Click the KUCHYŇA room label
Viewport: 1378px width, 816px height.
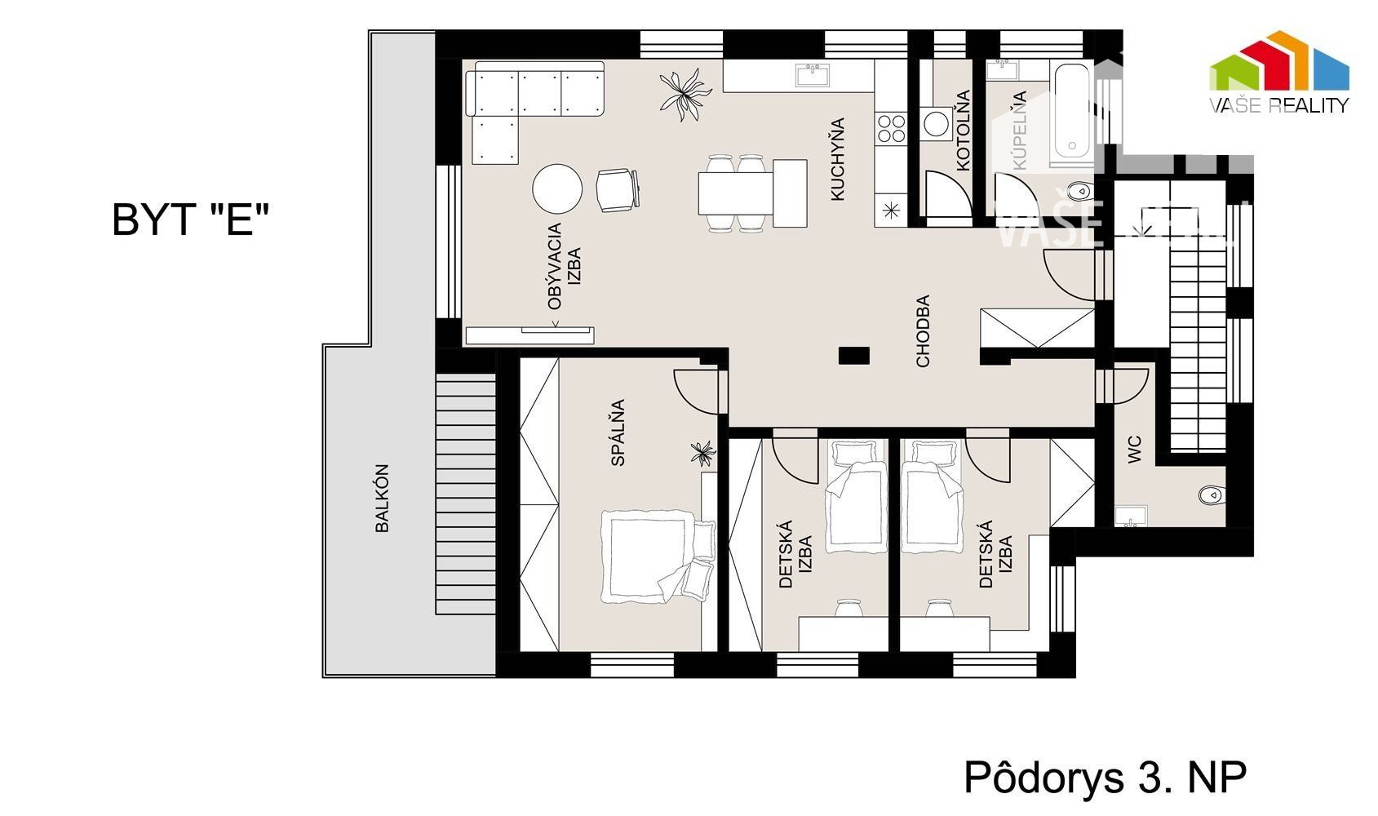coord(838,159)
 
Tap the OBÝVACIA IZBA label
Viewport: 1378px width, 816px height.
coord(564,266)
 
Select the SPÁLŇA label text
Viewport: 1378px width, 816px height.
coord(618,432)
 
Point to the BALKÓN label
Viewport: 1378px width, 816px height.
coord(382,498)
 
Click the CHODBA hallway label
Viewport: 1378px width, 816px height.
coord(923,331)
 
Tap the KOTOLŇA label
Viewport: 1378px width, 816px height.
coord(964,131)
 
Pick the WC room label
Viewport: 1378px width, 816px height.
coord(1135,450)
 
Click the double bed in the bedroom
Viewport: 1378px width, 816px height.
coord(657,556)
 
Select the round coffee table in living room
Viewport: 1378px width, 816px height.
coord(557,189)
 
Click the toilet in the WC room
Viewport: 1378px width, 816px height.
coord(1212,494)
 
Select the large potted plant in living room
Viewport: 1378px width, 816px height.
coord(685,95)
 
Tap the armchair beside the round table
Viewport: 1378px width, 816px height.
coord(618,190)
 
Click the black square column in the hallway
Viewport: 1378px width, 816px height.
coord(854,356)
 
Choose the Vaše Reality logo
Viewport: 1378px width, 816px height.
coord(1279,72)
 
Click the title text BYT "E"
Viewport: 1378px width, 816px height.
coord(191,220)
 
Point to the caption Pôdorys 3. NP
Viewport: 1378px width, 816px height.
coord(1105,778)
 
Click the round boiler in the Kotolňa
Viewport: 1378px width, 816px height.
coord(937,124)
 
